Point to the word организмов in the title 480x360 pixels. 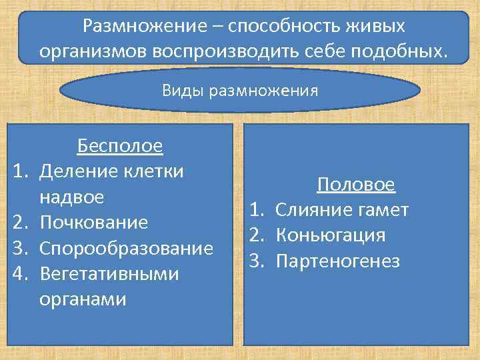pos(93,51)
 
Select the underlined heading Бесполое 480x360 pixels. pos(120,145)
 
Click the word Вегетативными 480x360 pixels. pos(109,274)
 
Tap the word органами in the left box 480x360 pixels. pos(83,299)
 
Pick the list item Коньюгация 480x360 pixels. pos(331,235)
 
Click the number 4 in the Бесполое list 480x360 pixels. pos(19,274)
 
